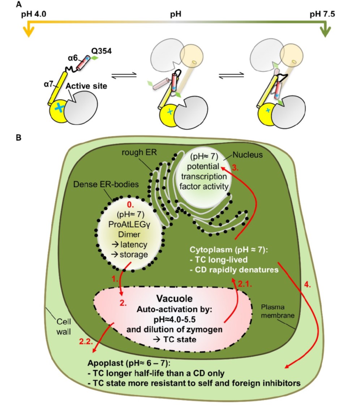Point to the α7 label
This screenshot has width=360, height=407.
tap(47, 84)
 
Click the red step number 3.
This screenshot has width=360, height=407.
tap(234, 168)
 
